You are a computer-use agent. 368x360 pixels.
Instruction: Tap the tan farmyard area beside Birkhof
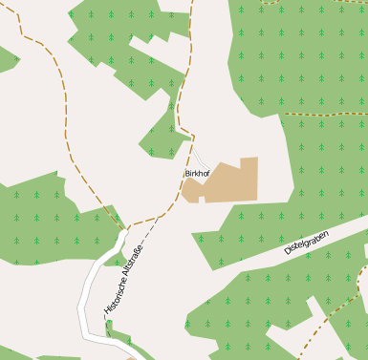click(x=229, y=181)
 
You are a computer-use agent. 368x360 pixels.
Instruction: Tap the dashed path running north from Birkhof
click(x=180, y=105)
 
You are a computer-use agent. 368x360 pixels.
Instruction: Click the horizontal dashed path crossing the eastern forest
click(x=325, y=114)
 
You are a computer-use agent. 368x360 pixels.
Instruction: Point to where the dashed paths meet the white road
click(x=126, y=229)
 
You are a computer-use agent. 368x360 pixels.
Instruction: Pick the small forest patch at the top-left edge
click(x=6, y=59)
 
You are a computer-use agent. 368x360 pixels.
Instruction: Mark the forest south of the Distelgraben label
click(x=268, y=306)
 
